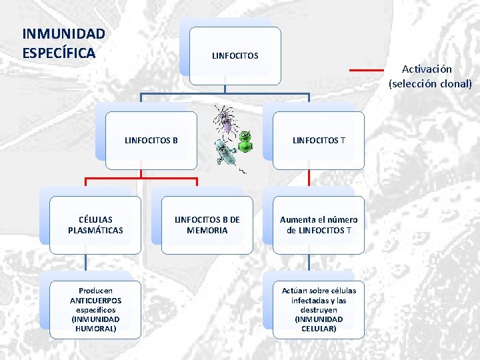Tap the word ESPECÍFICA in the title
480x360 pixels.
tap(59, 51)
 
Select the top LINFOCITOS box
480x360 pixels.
tap(235, 55)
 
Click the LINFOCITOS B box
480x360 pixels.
tap(151, 140)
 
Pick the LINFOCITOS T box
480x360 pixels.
tap(319, 140)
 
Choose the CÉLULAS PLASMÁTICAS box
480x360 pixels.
tap(95, 225)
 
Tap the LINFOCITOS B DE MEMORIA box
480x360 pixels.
tap(207, 225)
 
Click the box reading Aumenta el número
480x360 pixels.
tap(319, 225)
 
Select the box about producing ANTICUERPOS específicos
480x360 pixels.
tap(95, 309)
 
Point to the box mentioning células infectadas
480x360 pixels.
tap(319, 309)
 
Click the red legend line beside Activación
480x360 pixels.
tap(367, 69)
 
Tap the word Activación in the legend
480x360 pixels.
tap(427, 69)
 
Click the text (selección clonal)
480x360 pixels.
tap(430, 84)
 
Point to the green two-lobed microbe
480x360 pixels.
tap(245, 142)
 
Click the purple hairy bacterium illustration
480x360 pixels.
tap(227, 120)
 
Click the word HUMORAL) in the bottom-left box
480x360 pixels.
tap(95, 329)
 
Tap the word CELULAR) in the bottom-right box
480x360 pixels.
tap(319, 329)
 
